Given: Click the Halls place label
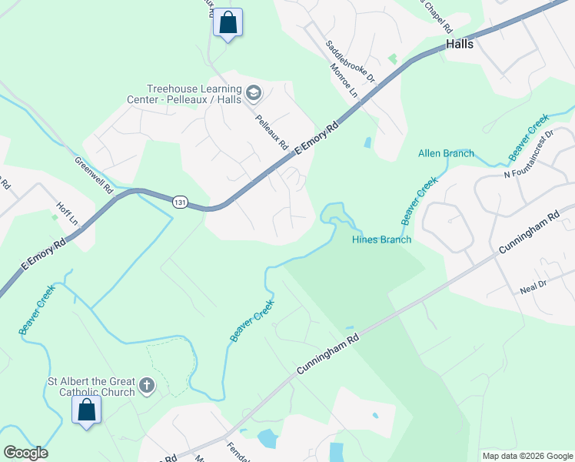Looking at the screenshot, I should point(459,44).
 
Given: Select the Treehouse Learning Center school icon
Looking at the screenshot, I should point(254,95).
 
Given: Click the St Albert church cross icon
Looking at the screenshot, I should point(146,385).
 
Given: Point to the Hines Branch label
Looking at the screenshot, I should point(381,239).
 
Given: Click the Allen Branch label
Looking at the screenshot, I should point(446,153).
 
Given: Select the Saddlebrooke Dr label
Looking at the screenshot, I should point(350,62).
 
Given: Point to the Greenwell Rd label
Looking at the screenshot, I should point(94,176).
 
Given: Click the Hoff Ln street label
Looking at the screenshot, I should point(68,213).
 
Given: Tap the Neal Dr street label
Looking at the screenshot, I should point(531,284).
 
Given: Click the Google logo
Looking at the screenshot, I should point(25,453).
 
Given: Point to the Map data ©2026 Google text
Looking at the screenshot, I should point(527,456).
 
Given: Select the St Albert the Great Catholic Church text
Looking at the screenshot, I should point(91,387).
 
